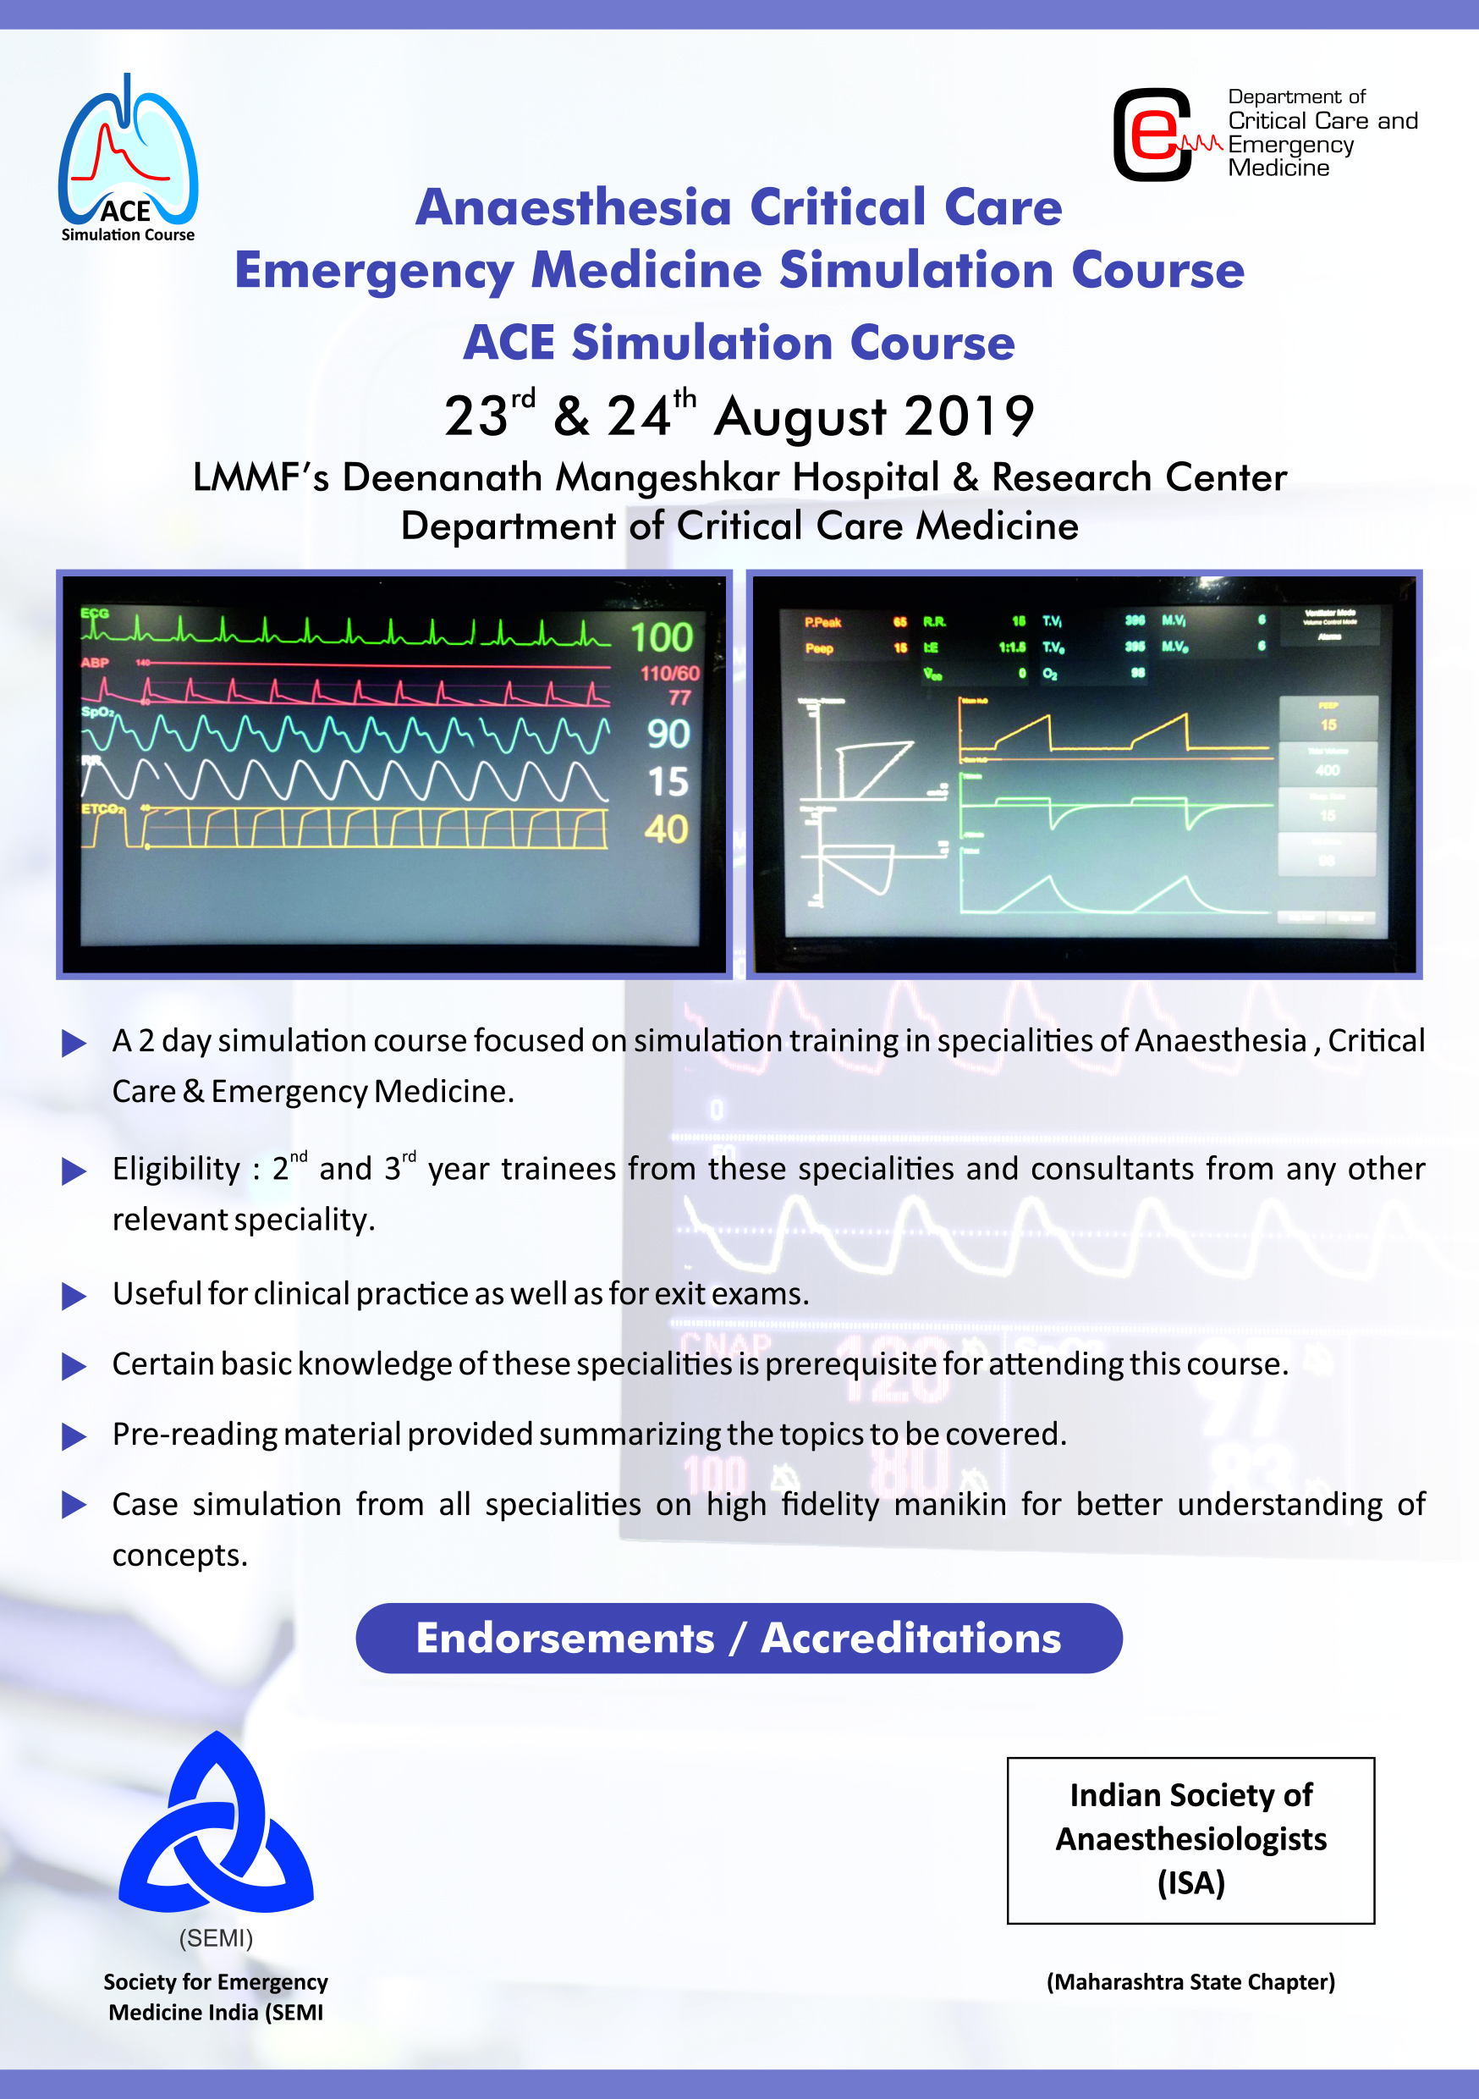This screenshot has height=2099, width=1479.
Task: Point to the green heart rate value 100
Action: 662,637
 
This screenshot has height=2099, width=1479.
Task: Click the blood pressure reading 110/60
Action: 669,674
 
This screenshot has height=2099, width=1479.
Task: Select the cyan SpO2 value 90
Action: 668,734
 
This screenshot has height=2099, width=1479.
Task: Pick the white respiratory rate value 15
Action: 668,783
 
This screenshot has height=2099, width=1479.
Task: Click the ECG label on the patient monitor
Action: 95,614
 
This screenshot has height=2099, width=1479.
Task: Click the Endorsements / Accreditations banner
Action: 739,1639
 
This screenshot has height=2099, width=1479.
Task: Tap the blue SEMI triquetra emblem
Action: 217,1825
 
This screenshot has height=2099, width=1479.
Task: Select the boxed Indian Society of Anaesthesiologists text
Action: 1190,1839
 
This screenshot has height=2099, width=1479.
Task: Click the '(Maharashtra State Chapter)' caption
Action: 1190,1982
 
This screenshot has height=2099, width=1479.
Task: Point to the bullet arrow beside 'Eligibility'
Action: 74,1171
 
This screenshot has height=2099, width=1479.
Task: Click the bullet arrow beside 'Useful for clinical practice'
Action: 74,1297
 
